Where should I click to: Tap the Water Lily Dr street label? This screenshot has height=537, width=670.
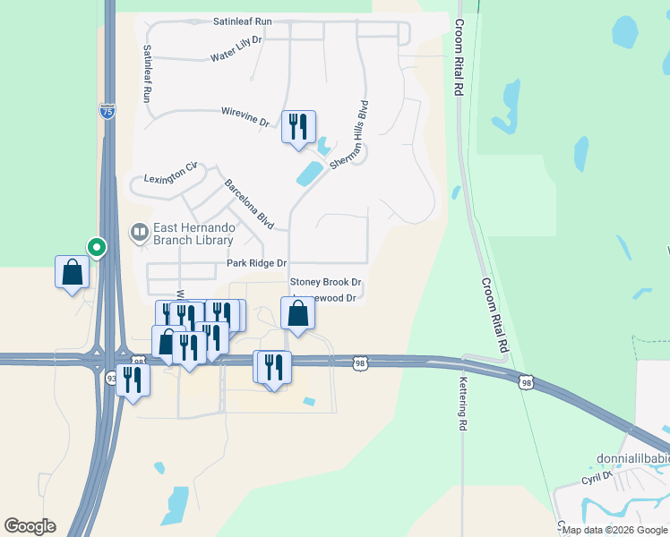click(236, 55)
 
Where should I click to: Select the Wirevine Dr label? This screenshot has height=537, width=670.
click(245, 116)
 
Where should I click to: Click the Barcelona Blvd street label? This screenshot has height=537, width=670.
click(248, 204)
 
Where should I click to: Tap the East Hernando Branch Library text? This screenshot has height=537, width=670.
click(194, 234)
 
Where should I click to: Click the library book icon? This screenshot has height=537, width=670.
click(139, 234)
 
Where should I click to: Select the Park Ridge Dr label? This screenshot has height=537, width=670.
click(256, 263)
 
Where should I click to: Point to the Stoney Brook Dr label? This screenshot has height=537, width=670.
click(325, 281)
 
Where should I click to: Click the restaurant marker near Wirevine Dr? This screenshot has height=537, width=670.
click(298, 126)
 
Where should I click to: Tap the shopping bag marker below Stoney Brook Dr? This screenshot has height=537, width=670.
click(298, 313)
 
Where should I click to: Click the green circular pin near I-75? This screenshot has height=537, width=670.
click(96, 246)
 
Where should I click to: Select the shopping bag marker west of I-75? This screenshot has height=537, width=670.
click(72, 272)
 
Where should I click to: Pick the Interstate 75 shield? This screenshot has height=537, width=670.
click(107, 111)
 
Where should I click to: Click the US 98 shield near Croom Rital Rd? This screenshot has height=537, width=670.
click(526, 382)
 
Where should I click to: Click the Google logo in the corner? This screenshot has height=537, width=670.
click(30, 526)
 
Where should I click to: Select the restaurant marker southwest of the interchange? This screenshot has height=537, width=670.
click(132, 379)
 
